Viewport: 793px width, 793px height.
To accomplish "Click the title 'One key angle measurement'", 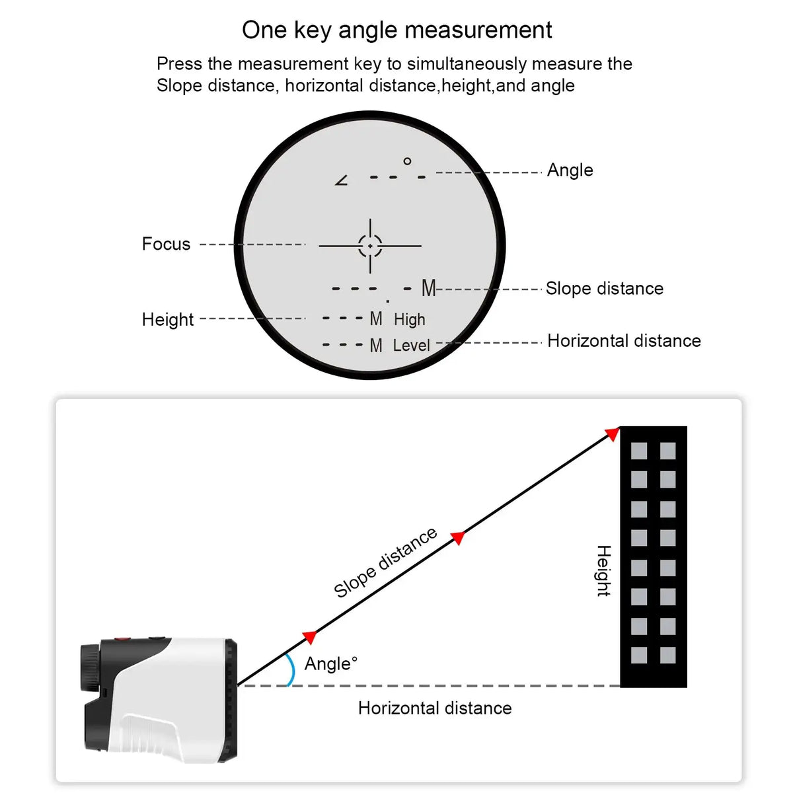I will (397, 30).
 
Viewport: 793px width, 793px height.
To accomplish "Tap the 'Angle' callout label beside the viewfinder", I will (570, 170).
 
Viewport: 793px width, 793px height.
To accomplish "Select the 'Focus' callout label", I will (166, 245).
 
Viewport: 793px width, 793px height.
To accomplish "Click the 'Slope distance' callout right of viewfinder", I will (604, 289).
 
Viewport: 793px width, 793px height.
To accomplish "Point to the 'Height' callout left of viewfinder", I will (168, 320).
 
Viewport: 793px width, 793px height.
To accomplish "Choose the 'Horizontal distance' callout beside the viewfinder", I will (624, 341).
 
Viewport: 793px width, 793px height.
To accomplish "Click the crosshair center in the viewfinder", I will (370, 246).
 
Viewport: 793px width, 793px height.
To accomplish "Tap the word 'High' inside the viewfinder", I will (409, 320).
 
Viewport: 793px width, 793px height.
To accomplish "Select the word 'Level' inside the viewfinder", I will (411, 346).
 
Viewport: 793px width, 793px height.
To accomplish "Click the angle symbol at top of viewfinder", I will (342, 180).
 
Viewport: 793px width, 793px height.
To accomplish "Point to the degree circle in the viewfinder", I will (407, 161).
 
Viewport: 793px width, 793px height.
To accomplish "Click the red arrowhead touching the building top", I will (613, 434).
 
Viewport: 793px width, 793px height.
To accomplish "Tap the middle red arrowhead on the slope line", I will (458, 537).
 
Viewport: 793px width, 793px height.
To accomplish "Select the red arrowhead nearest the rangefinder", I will (309, 637).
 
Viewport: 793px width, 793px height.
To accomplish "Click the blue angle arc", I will (290, 669).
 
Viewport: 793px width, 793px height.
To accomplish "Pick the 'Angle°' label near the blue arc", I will (330, 663).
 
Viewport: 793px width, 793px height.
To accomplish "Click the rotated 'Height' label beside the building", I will (603, 571).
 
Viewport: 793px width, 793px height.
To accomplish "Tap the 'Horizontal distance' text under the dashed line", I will (435, 708).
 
